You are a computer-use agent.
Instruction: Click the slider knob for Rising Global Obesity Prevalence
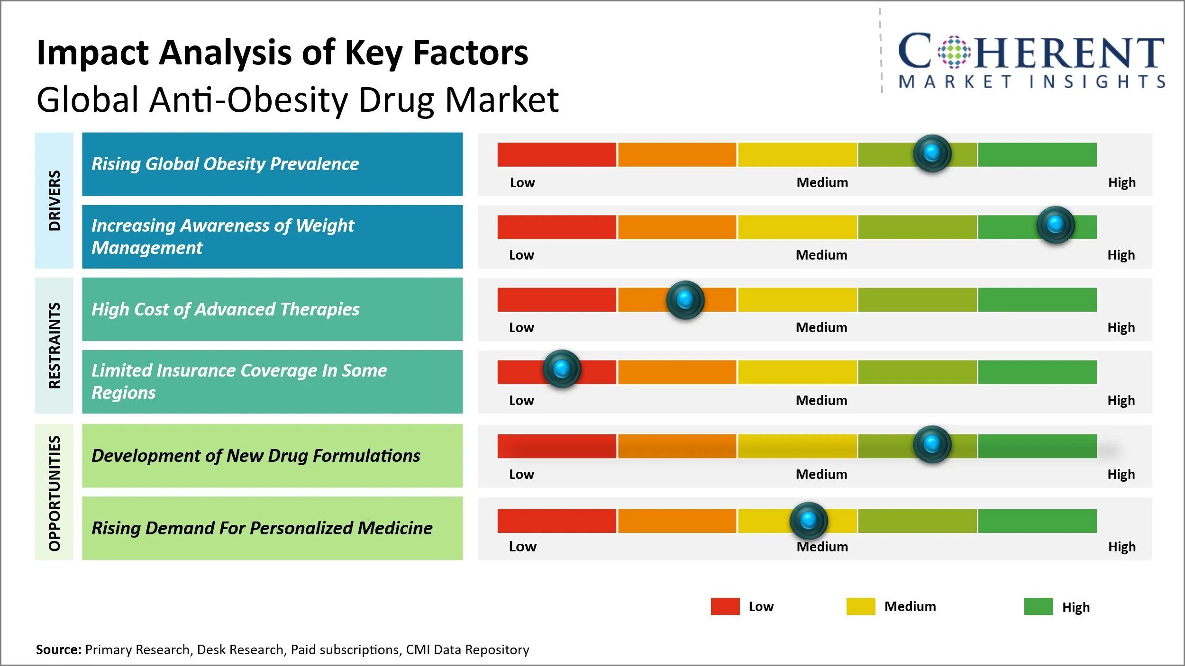tap(932, 153)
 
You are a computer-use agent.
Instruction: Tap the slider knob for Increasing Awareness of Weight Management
tap(1055, 225)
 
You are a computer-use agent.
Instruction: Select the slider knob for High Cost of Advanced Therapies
tap(685, 299)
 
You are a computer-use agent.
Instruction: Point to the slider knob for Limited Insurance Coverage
tap(562, 369)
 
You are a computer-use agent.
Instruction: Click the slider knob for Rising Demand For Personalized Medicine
tap(809, 520)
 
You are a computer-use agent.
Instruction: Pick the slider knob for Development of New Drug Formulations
tap(932, 444)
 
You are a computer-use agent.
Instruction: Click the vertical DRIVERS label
tap(55, 200)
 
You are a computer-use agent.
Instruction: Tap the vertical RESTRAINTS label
tap(55, 345)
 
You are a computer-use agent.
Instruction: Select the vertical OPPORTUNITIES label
tap(55, 493)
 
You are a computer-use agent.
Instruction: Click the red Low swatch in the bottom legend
tap(725, 606)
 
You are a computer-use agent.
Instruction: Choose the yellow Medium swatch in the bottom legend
tap(860, 606)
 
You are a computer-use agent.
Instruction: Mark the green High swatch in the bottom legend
tap(1038, 606)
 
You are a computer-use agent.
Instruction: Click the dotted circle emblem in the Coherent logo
tap(954, 52)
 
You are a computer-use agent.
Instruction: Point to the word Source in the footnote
tap(58, 649)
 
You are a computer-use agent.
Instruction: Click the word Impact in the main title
tap(93, 53)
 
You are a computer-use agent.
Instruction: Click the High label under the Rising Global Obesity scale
tap(1121, 182)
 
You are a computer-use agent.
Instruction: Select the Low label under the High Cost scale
tap(521, 327)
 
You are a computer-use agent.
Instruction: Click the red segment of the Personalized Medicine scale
tap(556, 521)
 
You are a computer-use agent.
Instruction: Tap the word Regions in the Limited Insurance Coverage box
tap(123, 393)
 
